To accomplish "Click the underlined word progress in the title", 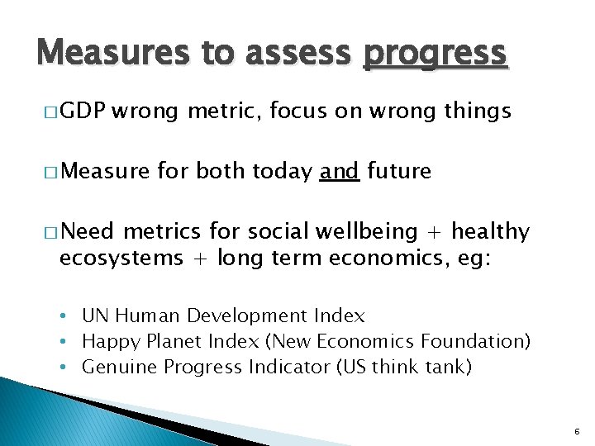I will (434, 54).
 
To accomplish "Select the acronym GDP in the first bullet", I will (82, 111).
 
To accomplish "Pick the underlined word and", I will (339, 171).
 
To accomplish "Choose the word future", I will (398, 171).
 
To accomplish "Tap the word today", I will (282, 171).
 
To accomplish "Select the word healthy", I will (490, 232).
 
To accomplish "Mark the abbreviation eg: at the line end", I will (472, 258).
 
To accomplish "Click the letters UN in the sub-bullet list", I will (95, 316).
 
